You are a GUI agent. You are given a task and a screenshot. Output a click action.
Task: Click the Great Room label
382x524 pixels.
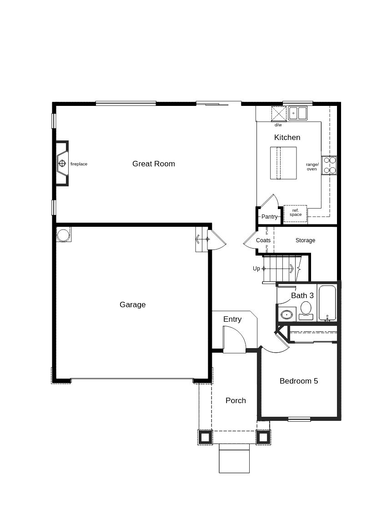pyautogui.click(x=154, y=164)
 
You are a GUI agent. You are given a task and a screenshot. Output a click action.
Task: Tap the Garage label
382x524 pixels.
pyautogui.click(x=132, y=305)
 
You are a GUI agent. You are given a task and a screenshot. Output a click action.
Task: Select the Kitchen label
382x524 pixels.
pyautogui.click(x=287, y=137)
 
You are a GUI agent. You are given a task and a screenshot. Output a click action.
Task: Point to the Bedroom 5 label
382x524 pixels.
pyautogui.click(x=299, y=381)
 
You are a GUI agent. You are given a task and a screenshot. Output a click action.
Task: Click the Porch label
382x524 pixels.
pyautogui.click(x=236, y=400)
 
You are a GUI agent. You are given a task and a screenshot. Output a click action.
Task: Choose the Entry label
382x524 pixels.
pyautogui.click(x=232, y=319)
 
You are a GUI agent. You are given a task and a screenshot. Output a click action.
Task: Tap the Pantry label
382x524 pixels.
pyautogui.click(x=269, y=216)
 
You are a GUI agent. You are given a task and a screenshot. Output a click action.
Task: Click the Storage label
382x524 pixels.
pyautogui.click(x=305, y=240)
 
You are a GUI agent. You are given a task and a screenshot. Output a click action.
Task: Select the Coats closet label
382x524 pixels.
pyautogui.click(x=263, y=240)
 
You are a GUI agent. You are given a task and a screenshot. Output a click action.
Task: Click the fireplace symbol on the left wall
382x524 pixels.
pyautogui.click(x=62, y=164)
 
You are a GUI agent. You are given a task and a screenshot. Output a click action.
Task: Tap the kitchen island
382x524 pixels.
pyautogui.click(x=283, y=163)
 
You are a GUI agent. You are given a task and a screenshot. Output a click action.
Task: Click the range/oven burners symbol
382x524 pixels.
pyautogui.click(x=329, y=165)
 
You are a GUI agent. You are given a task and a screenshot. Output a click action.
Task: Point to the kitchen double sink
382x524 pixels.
pyautogui.click(x=298, y=113)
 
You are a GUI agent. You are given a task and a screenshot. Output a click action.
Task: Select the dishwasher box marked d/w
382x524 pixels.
pyautogui.click(x=279, y=114)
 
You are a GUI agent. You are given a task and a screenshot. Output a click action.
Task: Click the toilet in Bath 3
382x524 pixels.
pyautogui.click(x=306, y=310)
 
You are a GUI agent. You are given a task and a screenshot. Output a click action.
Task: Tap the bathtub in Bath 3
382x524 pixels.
pyautogui.click(x=327, y=303)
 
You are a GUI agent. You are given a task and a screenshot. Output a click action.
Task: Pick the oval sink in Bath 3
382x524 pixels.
pyautogui.click(x=286, y=315)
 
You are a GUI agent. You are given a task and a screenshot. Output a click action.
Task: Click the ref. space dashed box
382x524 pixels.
pyautogui.click(x=295, y=213)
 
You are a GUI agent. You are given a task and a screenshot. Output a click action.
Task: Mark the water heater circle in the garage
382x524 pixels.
pyautogui.click(x=63, y=235)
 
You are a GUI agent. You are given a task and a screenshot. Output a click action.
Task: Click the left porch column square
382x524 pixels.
pyautogui.click(x=205, y=437)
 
